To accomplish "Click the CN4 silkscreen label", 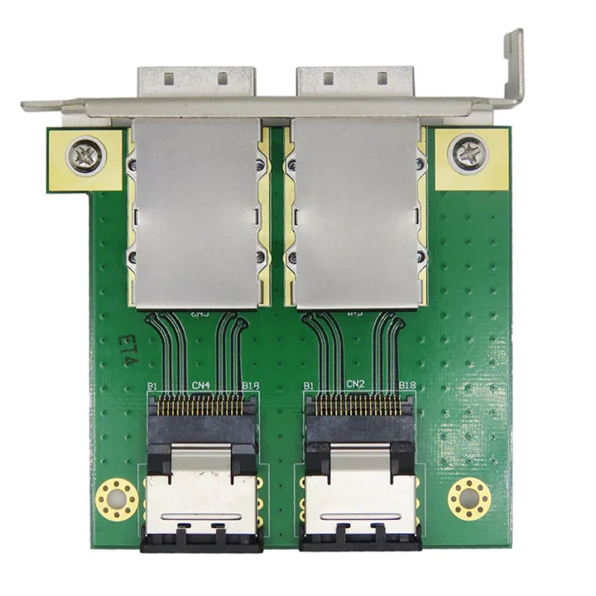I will click(200, 384).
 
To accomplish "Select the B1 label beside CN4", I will click(152, 386).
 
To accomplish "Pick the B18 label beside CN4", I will click(249, 386).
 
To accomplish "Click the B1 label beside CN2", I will click(309, 386).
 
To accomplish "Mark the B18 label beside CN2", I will click(406, 386).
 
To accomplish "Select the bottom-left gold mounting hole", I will click(115, 499).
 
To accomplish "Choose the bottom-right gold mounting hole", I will click(469, 499).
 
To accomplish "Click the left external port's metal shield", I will click(195, 211).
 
